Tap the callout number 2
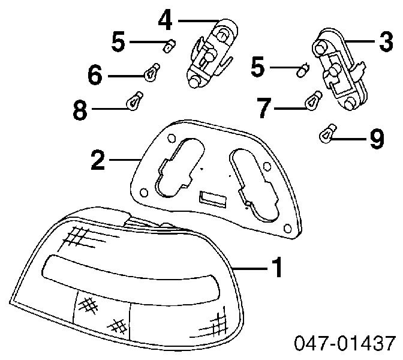[x=98, y=160]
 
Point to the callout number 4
[x=166, y=20]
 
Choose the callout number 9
[x=376, y=140]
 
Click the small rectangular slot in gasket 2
[x=212, y=197]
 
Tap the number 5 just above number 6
[x=119, y=42]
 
